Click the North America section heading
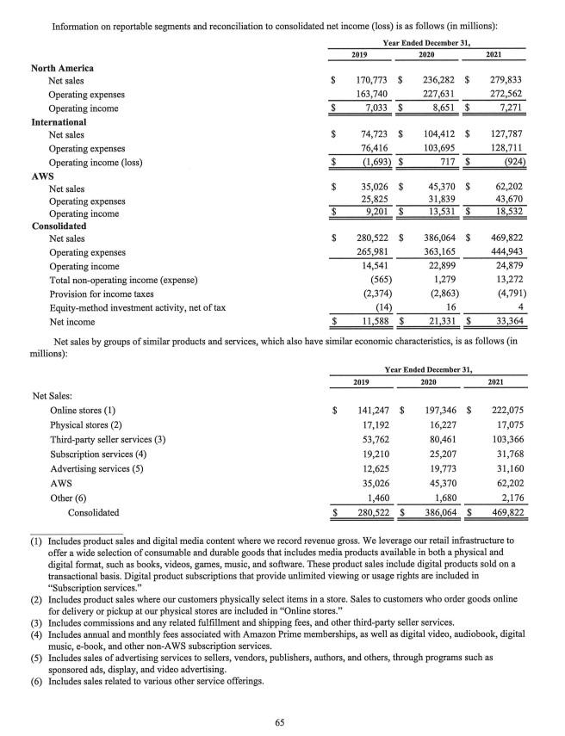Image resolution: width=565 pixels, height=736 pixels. tap(62, 67)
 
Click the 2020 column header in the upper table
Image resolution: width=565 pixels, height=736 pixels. tap(425, 53)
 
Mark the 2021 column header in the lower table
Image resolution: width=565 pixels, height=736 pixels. tap(497, 381)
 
